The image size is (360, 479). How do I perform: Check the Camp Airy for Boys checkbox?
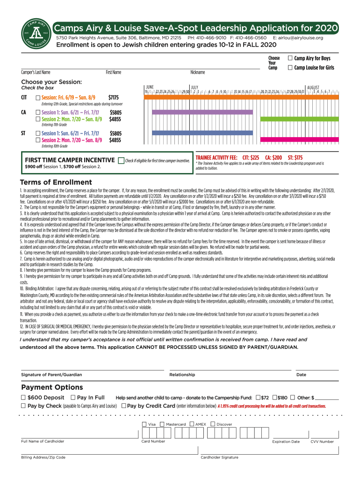coord(290,58)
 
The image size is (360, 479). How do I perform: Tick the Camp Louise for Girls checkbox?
coord(290,68)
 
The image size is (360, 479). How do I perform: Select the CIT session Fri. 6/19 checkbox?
coord(38,97)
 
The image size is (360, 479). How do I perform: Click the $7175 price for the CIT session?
coord(114,97)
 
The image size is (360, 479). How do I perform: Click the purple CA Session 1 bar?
coord(202,112)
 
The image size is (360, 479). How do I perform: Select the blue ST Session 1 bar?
coord(202,133)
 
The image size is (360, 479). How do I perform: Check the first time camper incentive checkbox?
coord(122,160)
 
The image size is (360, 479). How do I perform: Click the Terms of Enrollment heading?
coord(56,182)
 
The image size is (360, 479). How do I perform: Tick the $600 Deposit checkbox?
coord(23,397)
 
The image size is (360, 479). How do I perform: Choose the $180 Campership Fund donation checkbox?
coord(274,397)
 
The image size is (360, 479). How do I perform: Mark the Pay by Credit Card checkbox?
coord(123,406)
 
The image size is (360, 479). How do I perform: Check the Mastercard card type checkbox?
coord(162,424)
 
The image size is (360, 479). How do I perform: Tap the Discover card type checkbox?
coord(213,424)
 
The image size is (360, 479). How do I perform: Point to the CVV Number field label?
coord(322,441)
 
